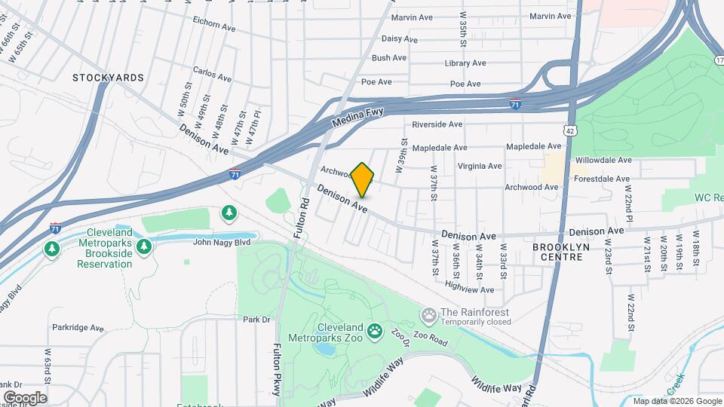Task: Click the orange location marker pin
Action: [362, 179]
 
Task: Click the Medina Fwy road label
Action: [358, 117]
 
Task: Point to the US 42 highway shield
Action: [572, 130]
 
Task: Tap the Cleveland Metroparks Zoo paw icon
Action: [375, 330]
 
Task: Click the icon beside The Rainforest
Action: [429, 314]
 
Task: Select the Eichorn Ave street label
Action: [214, 24]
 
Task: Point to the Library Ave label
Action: [463, 63]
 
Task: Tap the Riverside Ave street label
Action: [437, 124]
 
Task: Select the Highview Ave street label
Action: [469, 286]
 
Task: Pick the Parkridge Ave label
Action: [77, 328]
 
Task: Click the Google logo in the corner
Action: [25, 397]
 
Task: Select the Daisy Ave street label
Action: [400, 38]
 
